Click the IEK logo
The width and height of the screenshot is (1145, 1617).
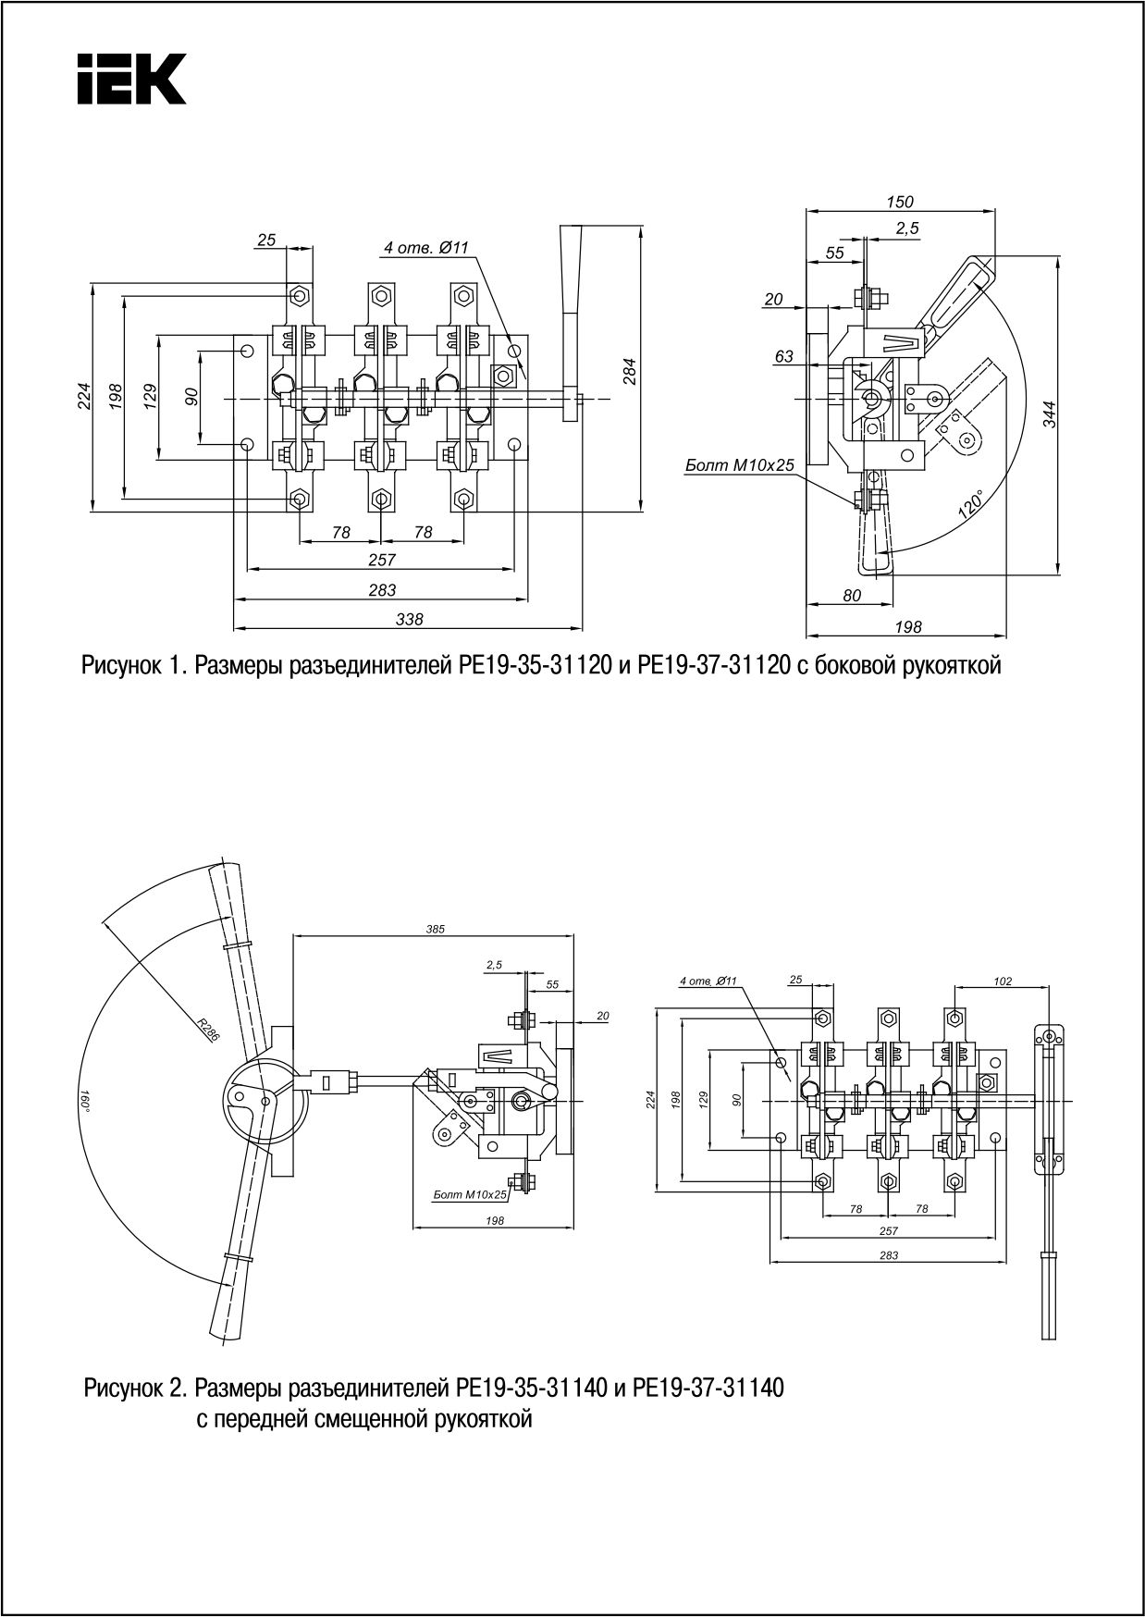pos(130,79)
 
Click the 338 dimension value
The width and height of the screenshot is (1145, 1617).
pos(408,621)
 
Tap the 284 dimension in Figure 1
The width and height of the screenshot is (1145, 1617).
pos(630,371)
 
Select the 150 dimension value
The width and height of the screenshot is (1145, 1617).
pos(899,203)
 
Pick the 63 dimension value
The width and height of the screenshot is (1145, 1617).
pos(783,356)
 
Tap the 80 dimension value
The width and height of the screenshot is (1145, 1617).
pos(851,596)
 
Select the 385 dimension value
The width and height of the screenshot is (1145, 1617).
pos(435,929)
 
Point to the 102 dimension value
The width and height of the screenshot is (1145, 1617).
pos(1003,981)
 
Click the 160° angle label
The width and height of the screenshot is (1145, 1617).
pos(85,1100)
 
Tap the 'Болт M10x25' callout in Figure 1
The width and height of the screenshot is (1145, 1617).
pos(739,465)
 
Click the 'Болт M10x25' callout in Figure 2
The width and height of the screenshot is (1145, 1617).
pos(470,1195)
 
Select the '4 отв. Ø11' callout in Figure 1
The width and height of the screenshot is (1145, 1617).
pos(426,248)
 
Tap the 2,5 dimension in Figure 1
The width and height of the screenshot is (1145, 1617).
pos(907,228)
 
